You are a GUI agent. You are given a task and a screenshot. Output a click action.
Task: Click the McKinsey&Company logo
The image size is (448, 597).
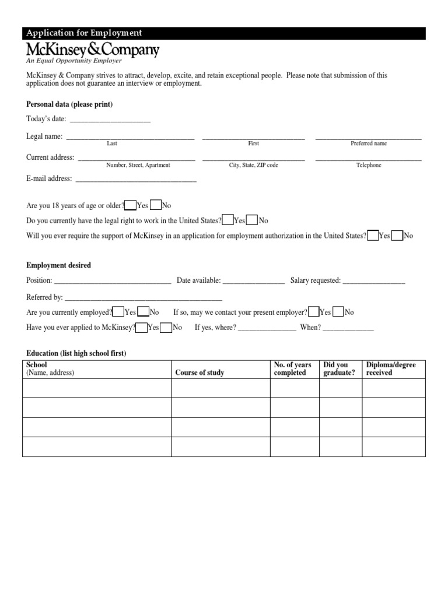[92, 51]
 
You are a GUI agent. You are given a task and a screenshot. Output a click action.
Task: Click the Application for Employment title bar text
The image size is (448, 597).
[84, 33]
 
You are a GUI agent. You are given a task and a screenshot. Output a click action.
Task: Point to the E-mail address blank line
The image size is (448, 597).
[135, 180]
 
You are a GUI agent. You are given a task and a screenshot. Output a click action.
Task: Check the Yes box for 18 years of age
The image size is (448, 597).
[131, 205]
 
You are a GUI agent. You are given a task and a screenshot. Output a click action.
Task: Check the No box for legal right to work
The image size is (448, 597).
[252, 220]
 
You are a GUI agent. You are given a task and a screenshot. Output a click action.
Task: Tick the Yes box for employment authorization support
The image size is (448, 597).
[373, 236]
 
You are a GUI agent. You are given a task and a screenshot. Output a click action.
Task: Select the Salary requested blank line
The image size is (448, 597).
[374, 281]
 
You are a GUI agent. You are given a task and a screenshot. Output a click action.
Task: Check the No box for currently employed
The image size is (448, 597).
[144, 312]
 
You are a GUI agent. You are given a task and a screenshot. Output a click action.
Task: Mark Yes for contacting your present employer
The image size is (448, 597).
[313, 312]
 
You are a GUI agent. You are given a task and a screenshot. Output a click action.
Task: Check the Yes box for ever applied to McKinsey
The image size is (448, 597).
[141, 327]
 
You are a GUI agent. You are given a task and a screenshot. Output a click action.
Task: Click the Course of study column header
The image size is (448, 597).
[199, 373]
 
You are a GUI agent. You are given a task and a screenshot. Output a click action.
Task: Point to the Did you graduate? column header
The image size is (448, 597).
[339, 369]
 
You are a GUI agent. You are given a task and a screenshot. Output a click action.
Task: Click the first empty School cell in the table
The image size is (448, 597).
[96, 388]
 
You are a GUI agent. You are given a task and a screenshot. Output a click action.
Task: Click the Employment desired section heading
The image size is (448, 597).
[59, 265]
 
